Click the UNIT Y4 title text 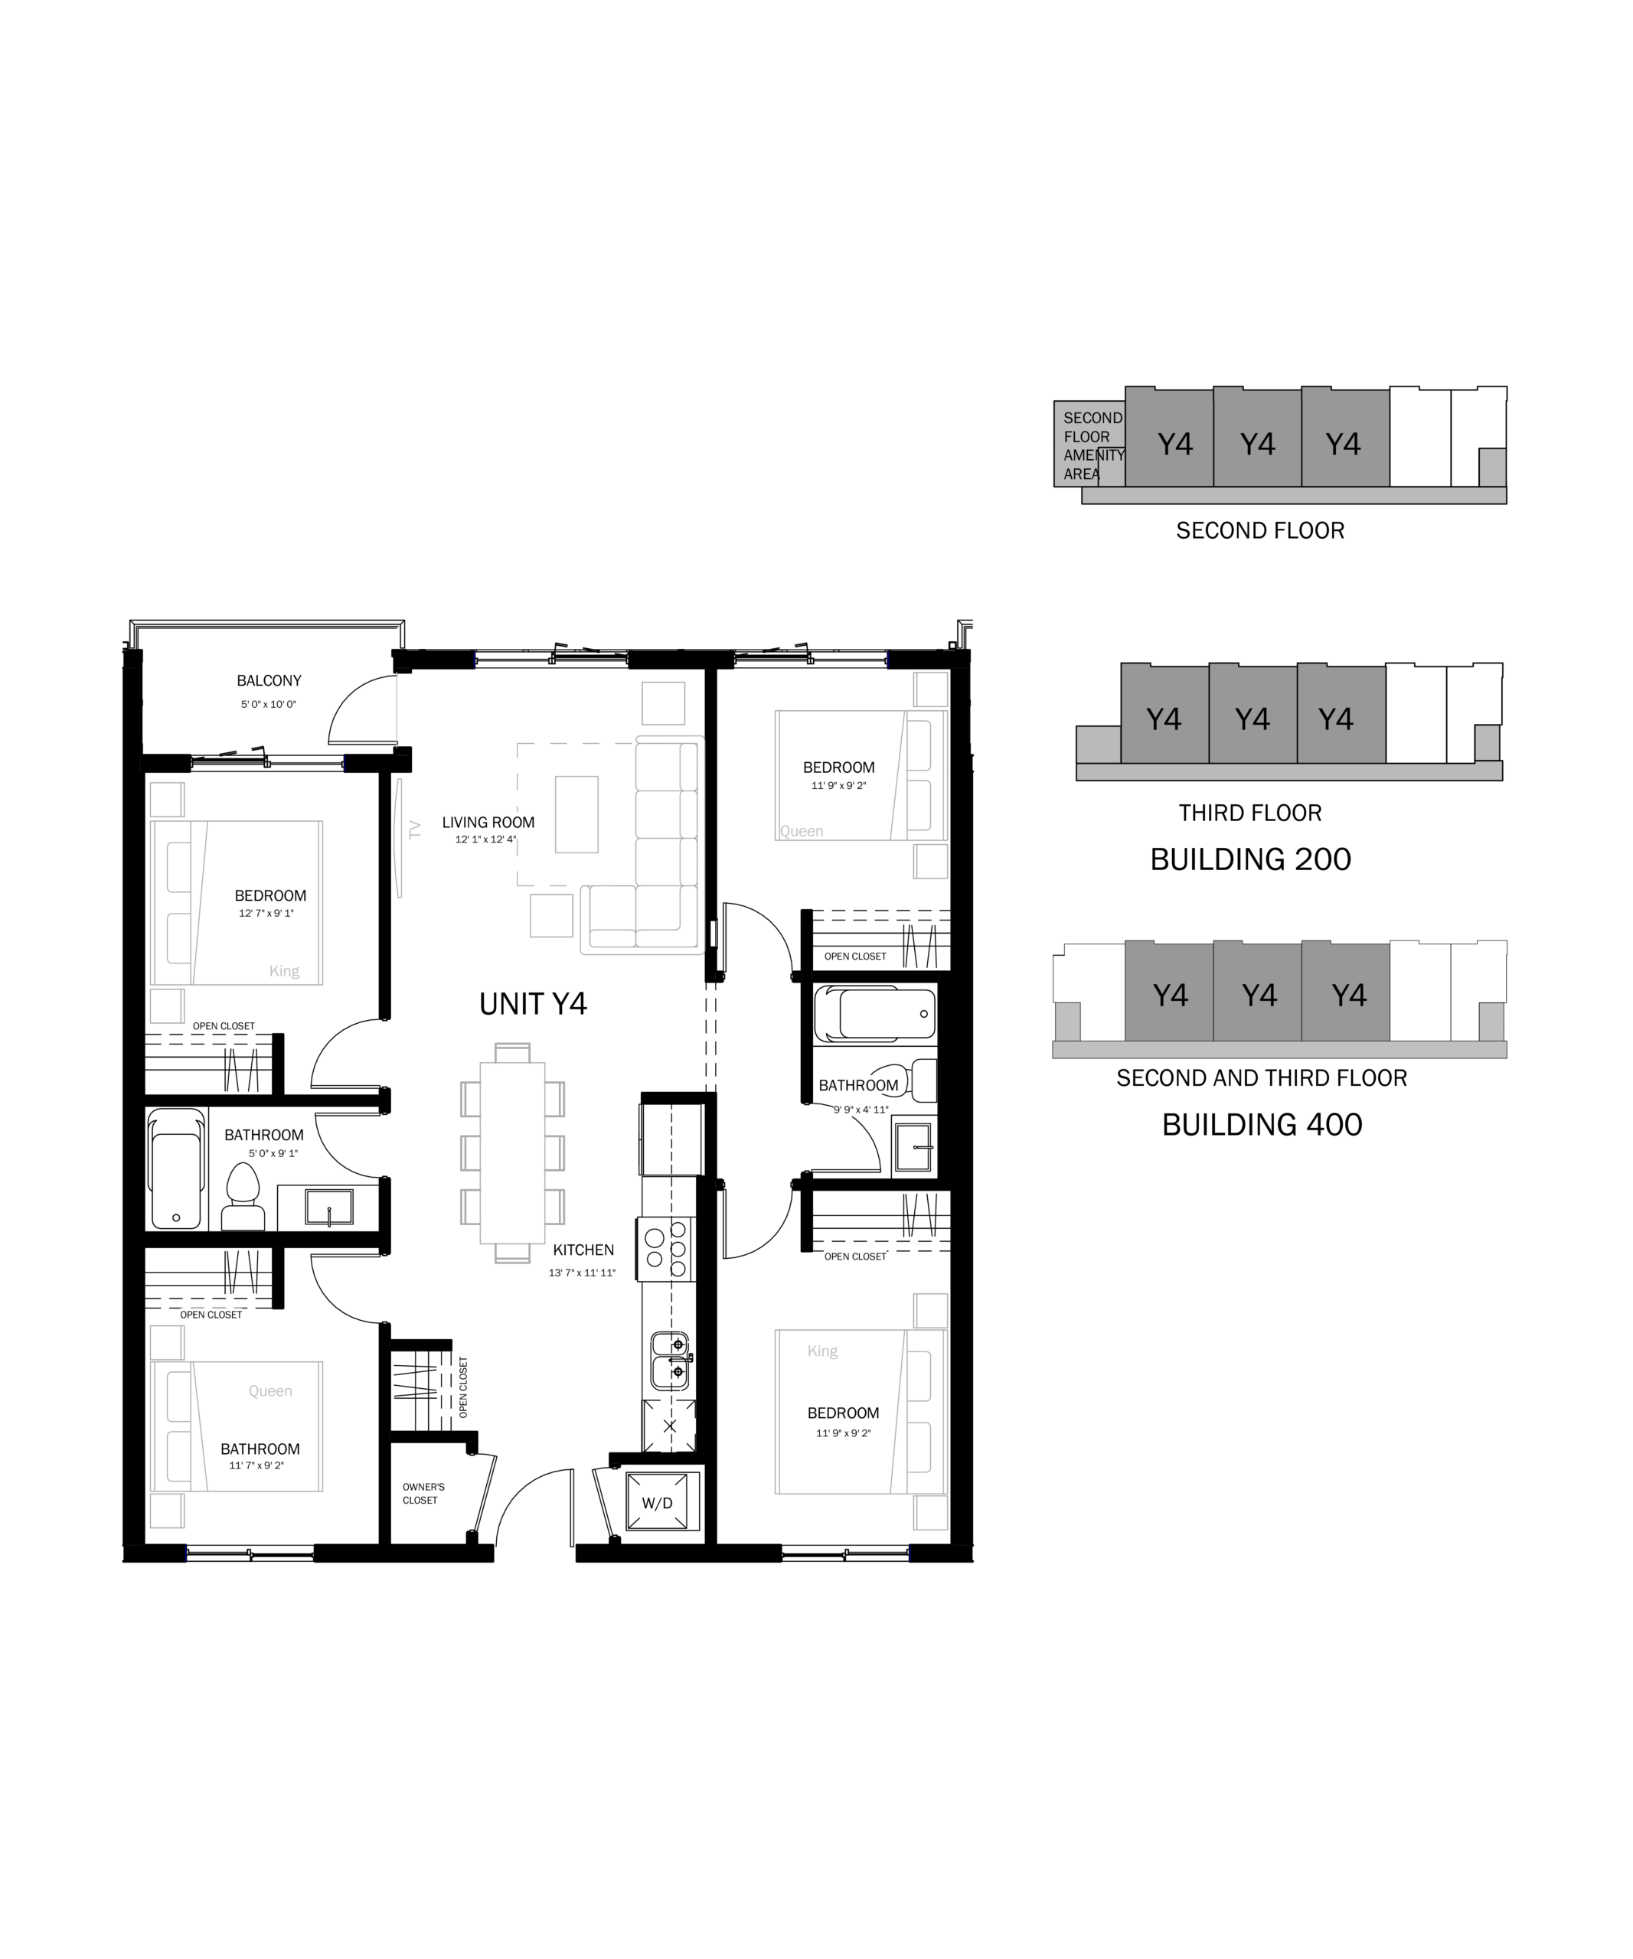(x=533, y=1004)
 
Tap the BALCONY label (x=269, y=681)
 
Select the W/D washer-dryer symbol (x=657, y=1502)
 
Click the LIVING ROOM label (x=488, y=822)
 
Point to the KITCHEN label (x=583, y=1250)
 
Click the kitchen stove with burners (x=666, y=1248)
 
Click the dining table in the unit (x=512, y=1153)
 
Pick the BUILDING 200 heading (x=1250, y=859)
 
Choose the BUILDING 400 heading (x=1262, y=1124)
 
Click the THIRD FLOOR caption (x=1249, y=813)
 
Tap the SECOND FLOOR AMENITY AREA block (x=1089, y=444)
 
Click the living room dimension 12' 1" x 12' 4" (x=485, y=839)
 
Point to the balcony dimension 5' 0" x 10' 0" (x=268, y=704)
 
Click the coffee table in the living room (x=576, y=814)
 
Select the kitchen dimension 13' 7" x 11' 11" (x=583, y=1273)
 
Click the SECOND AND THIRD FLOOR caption (x=1262, y=1077)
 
